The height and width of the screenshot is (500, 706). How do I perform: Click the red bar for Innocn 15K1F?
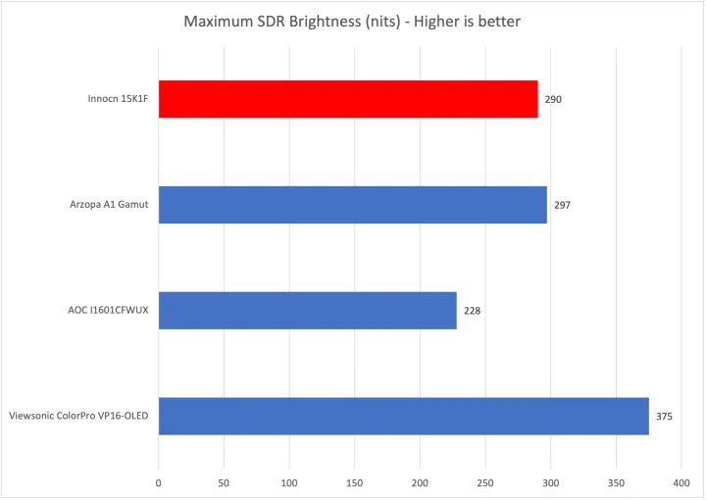(x=348, y=99)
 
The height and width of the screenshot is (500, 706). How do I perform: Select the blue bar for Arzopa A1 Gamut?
(x=352, y=205)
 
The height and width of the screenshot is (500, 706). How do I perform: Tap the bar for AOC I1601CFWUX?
(x=307, y=311)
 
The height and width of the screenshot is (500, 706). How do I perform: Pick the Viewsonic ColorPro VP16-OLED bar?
(x=403, y=416)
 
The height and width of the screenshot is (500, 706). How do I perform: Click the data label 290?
(x=553, y=99)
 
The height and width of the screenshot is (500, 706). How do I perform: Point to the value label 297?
(x=562, y=205)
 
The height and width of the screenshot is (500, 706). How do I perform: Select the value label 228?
(x=472, y=311)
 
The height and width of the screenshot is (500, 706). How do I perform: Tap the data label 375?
(x=664, y=417)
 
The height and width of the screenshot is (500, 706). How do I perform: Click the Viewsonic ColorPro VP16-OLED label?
(x=77, y=417)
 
